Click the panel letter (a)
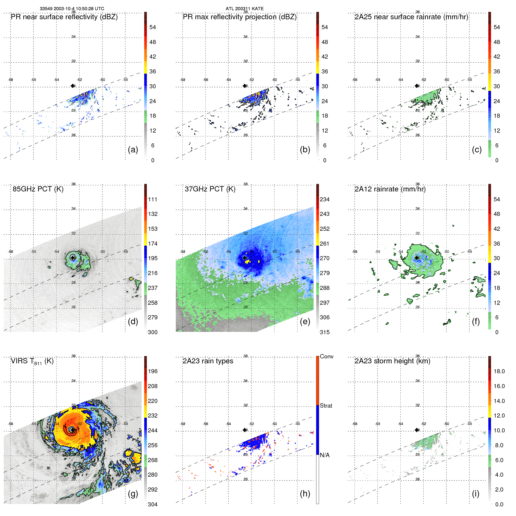click(133, 150)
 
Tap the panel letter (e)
click(305, 322)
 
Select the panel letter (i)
click(476, 494)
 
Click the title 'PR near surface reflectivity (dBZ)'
click(64, 17)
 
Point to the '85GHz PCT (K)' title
click(38, 189)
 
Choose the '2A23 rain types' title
click(208, 361)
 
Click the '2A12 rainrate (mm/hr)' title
click(390, 189)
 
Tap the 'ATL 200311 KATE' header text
click(244, 9)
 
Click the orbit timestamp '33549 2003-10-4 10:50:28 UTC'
click(72, 9)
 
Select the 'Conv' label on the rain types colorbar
click(327, 356)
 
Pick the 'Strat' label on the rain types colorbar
click(326, 406)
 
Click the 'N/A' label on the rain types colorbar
click(325, 455)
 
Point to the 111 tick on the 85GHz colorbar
click(153, 199)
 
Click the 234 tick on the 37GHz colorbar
click(325, 199)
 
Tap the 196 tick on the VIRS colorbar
click(153, 371)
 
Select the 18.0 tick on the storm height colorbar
click(499, 371)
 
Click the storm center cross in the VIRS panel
click(72, 429)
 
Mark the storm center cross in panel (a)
click(73, 86)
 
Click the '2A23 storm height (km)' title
click(392, 361)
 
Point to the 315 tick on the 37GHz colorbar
click(325, 332)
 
